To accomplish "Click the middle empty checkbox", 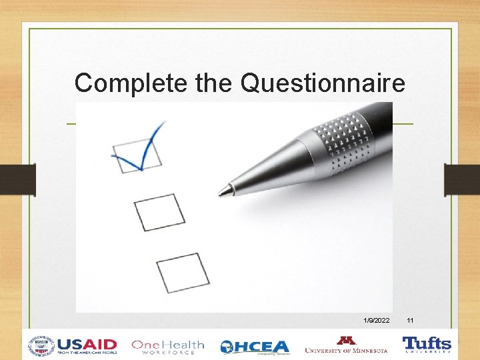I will tap(159, 211).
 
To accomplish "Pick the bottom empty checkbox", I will tap(183, 272).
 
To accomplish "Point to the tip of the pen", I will tap(221, 193).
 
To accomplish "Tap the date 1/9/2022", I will tap(377, 321).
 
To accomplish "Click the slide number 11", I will tap(410, 321).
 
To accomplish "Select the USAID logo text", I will tap(87, 346).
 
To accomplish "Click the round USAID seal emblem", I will tap(41, 346).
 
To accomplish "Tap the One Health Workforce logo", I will tap(167, 347).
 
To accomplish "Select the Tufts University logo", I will tap(427, 345).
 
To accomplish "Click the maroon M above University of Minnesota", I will tap(346, 341).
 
